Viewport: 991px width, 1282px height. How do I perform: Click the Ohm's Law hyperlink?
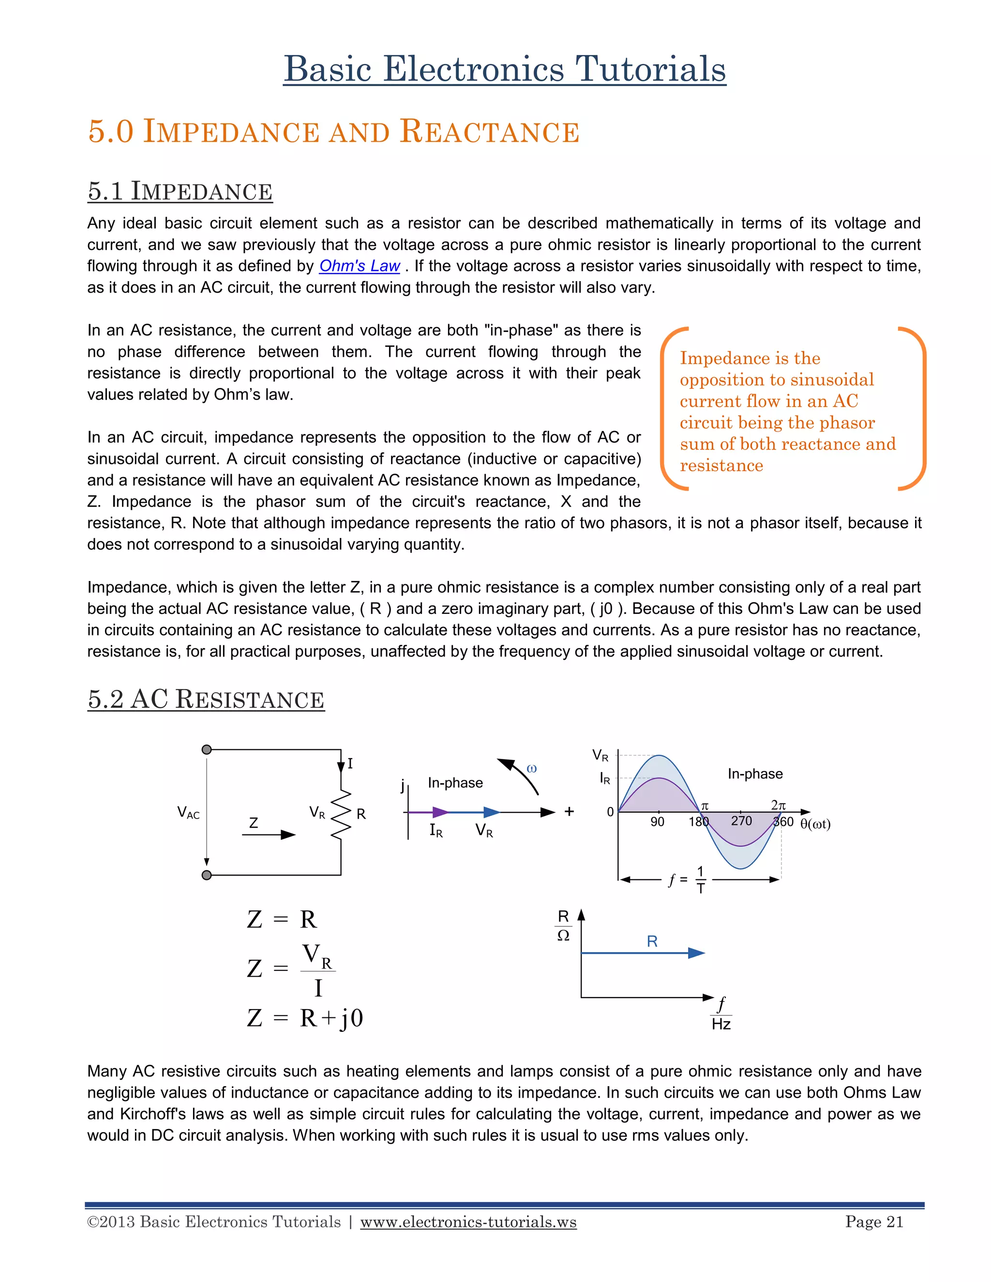click(360, 266)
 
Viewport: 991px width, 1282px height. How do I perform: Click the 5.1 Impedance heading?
click(180, 192)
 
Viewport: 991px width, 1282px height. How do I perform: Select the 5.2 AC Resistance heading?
click(206, 699)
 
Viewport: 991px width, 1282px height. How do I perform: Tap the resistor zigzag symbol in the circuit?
click(341, 814)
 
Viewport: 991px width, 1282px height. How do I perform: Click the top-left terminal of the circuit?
click(207, 749)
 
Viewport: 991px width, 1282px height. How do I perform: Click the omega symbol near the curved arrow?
click(532, 768)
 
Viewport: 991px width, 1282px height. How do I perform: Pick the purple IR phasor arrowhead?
click(440, 812)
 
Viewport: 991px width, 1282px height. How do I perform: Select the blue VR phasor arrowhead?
click(492, 812)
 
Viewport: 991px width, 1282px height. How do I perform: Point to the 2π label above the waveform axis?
click(778, 805)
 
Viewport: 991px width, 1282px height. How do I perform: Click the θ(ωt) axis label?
click(815, 824)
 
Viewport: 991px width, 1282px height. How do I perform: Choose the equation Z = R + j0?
click(305, 1018)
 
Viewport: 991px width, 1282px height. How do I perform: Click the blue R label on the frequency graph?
click(652, 941)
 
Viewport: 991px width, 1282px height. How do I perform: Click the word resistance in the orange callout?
click(721, 465)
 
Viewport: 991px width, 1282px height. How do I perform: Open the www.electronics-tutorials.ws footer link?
click(468, 1222)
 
